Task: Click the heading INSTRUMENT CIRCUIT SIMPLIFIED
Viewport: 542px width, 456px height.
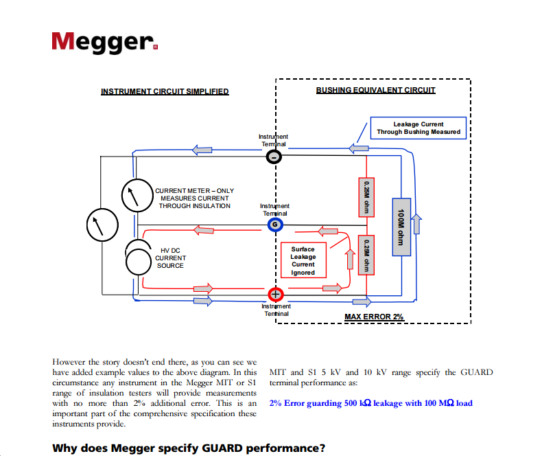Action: coord(165,91)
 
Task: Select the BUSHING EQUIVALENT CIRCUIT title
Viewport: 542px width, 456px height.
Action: coord(375,90)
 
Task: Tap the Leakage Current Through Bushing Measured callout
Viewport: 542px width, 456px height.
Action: coord(418,128)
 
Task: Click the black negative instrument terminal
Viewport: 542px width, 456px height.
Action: coord(274,157)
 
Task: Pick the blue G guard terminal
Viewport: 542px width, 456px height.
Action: coord(274,225)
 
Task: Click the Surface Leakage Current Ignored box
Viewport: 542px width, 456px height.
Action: coord(303,261)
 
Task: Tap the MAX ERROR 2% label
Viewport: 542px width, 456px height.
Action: coord(374,317)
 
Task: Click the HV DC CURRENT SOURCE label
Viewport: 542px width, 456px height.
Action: coord(169,258)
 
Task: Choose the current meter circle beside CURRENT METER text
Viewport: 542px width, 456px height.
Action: coord(135,196)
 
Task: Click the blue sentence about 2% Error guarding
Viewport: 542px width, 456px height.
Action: coord(370,403)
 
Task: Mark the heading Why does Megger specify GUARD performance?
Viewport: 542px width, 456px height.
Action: coord(189,448)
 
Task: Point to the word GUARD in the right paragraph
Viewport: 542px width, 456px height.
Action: coord(478,372)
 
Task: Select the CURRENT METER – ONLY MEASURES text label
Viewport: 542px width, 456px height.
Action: coord(194,198)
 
